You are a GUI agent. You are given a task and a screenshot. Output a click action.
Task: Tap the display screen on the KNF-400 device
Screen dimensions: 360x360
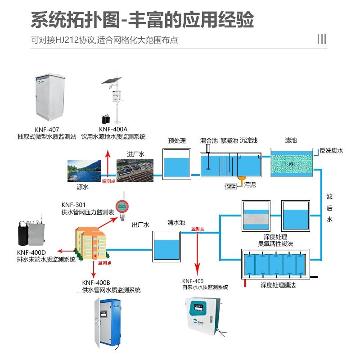click(x=199, y=310)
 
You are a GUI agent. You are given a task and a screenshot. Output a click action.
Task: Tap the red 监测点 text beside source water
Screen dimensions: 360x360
click(x=108, y=181)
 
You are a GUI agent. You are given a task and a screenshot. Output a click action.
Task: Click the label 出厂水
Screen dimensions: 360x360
click(x=140, y=224)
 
